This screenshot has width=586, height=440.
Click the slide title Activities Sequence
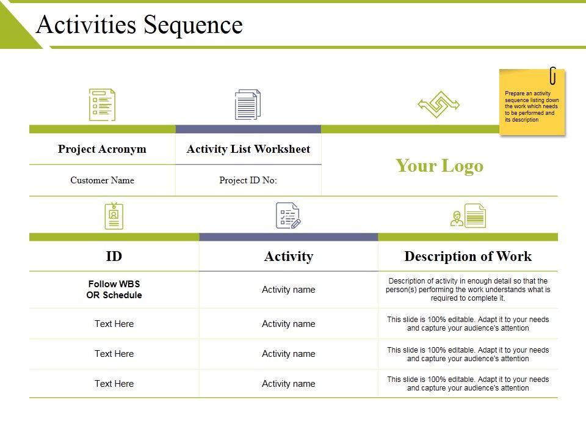click(139, 25)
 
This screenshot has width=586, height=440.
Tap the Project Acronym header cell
click(102, 149)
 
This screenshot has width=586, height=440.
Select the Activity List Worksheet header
click(248, 149)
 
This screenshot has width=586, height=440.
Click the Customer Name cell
click(102, 180)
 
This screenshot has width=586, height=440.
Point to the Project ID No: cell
click(248, 180)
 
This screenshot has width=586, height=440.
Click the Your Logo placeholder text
click(440, 166)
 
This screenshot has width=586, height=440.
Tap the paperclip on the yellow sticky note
click(552, 76)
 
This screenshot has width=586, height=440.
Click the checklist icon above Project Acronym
click(102, 105)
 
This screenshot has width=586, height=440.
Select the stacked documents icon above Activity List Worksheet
click(248, 105)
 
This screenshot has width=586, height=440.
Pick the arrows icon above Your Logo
click(439, 105)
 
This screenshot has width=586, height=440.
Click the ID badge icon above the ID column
click(114, 216)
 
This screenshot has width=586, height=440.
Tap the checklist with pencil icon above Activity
click(288, 216)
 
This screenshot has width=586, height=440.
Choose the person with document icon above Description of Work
click(469, 216)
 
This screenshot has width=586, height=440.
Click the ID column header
click(114, 256)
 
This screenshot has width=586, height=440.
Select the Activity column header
click(289, 256)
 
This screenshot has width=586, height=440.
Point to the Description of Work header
click(468, 256)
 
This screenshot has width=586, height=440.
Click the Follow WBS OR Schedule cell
click(115, 290)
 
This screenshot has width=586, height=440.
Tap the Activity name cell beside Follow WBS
click(289, 290)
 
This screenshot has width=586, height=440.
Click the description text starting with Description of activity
click(468, 290)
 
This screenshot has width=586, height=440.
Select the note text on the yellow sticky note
click(532, 107)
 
